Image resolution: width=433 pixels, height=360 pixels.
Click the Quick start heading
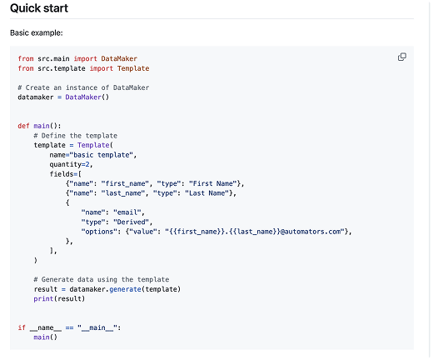tap(39, 8)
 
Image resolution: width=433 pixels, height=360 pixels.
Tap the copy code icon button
tap(402, 57)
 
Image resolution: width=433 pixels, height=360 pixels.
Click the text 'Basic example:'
tap(37, 32)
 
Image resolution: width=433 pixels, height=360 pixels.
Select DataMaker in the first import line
tap(119, 58)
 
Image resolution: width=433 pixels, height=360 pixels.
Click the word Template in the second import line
tap(133, 68)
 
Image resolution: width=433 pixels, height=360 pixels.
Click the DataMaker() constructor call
tap(87, 97)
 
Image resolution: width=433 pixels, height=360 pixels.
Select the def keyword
tap(23, 126)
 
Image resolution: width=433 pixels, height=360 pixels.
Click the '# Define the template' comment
tap(76, 136)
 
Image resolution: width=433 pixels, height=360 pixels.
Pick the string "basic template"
tap(101, 155)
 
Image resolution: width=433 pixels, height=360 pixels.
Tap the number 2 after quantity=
tap(87, 164)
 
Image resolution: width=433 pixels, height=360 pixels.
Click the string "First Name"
tap(213, 183)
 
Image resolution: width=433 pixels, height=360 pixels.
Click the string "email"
tap(127, 212)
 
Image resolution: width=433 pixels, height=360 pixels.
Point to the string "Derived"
tap(131, 222)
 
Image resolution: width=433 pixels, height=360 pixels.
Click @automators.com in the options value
tap(311, 232)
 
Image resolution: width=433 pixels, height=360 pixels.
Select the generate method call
tap(125, 289)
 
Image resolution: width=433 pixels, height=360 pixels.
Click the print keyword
tap(43, 299)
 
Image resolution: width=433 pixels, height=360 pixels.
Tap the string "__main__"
tap(97, 327)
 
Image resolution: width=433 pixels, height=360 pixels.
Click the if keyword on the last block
tap(22, 327)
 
